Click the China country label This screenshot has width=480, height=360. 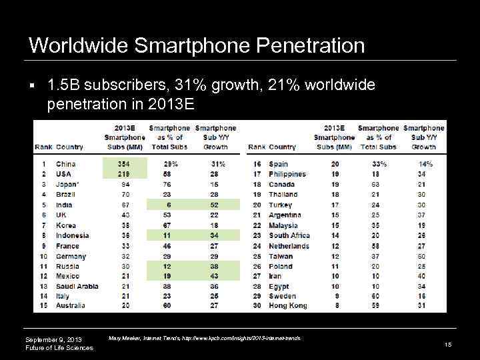(x=66, y=164)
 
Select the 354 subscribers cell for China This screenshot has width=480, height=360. (x=124, y=164)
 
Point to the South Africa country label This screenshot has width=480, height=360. (x=289, y=235)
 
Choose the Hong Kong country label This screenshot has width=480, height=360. (x=288, y=306)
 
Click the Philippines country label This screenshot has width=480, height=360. (x=287, y=174)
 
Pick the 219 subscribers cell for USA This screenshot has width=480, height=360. (x=124, y=174)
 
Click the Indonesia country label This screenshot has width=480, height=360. (x=72, y=235)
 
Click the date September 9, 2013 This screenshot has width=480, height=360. (x=53, y=340)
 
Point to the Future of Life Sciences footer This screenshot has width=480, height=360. (x=59, y=349)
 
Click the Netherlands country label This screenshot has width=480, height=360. (x=289, y=246)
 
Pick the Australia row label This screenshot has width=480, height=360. (x=70, y=306)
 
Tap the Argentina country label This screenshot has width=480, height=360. (x=285, y=215)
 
